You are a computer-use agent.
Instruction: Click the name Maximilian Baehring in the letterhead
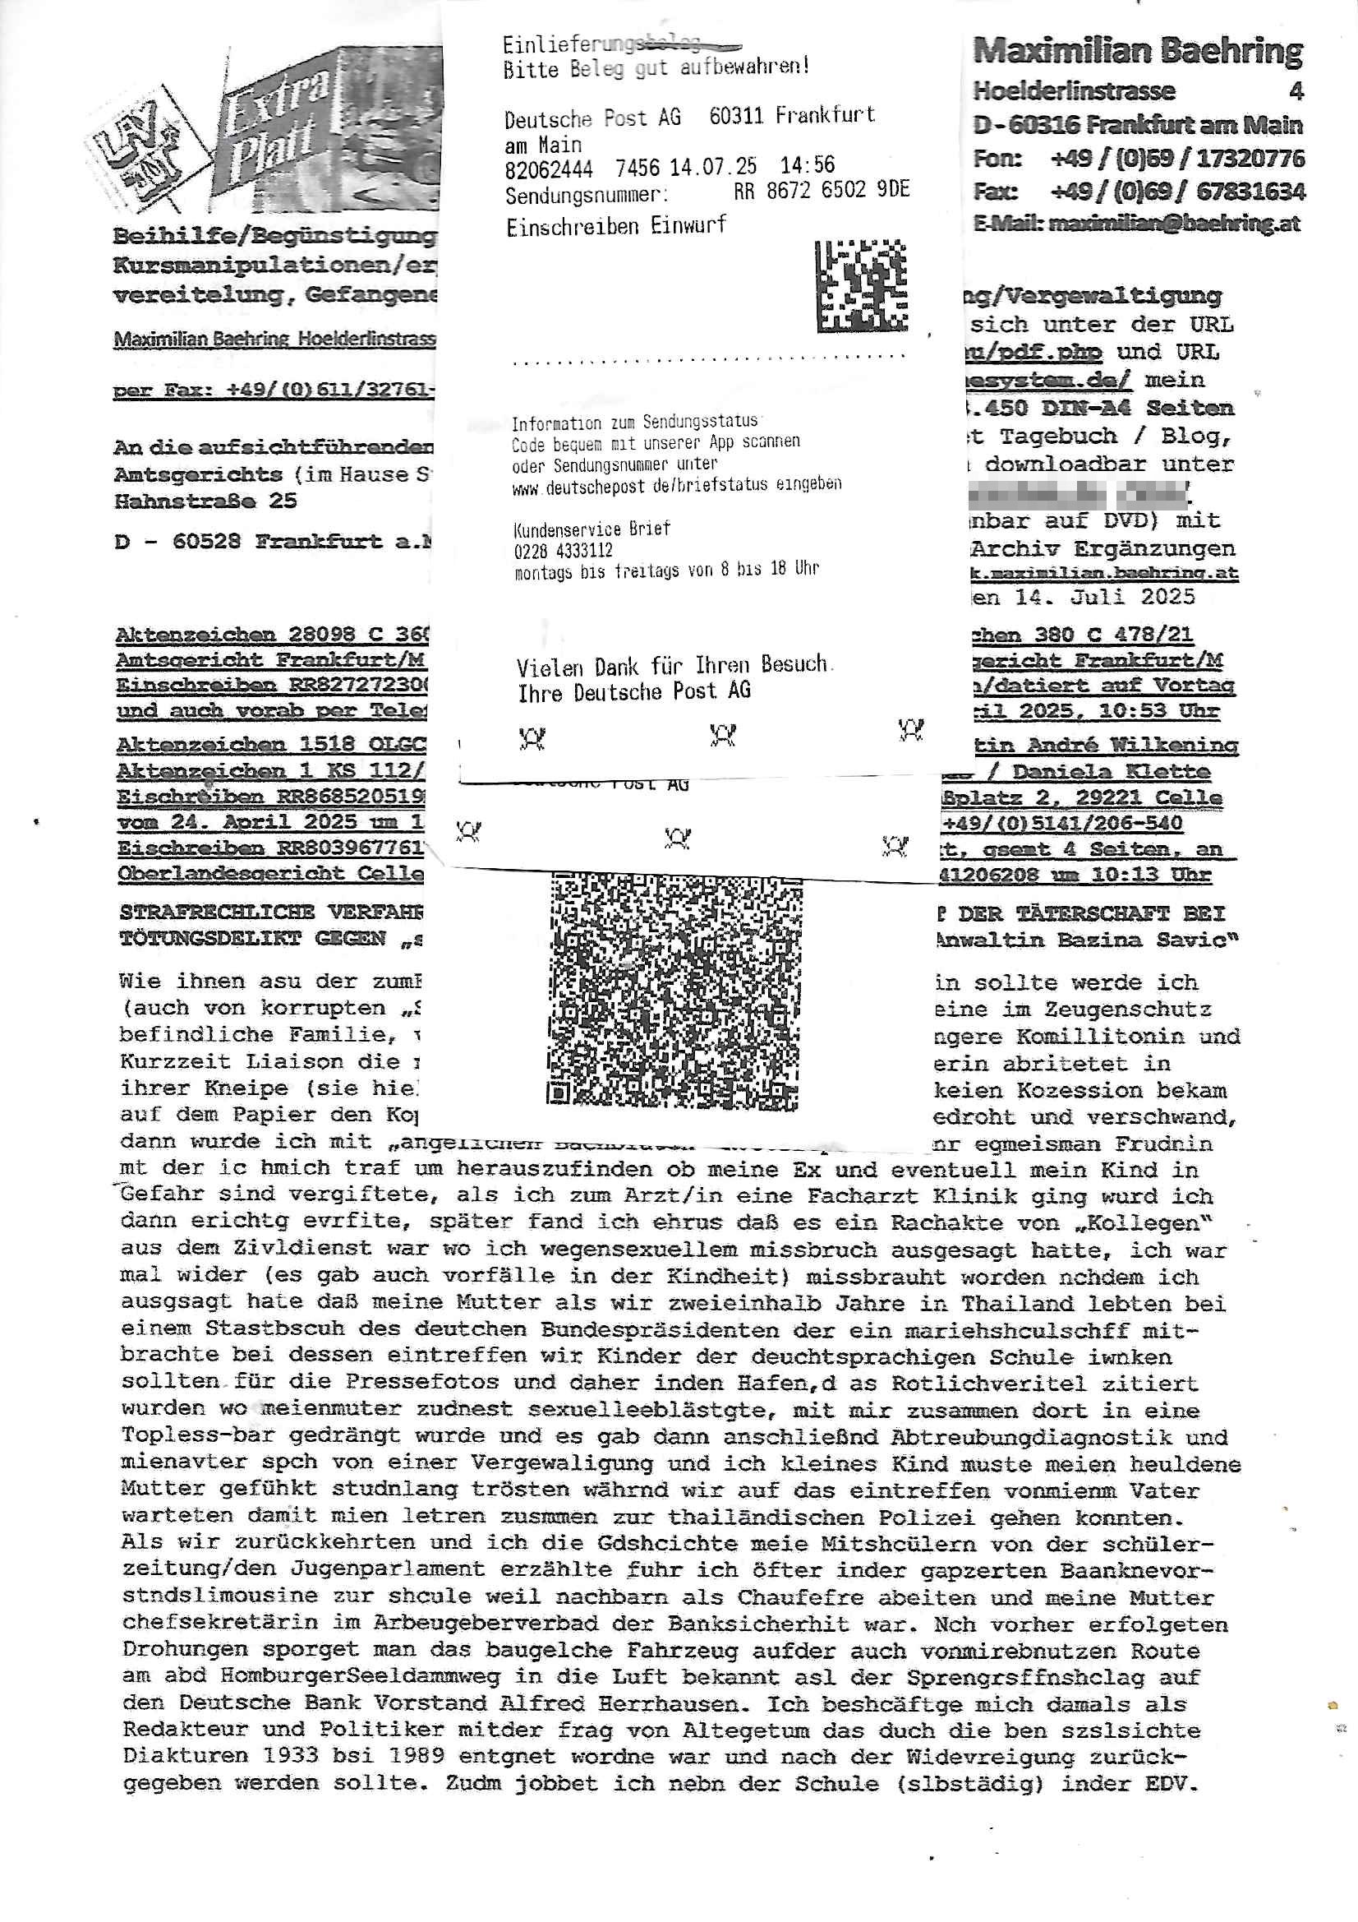(1137, 52)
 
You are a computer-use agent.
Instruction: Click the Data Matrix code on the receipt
(861, 286)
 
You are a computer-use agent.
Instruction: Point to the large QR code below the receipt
(673, 994)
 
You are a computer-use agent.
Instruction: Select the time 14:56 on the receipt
(807, 165)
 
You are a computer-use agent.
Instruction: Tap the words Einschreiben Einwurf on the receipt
(616, 226)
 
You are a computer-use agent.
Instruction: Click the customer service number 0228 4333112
(563, 550)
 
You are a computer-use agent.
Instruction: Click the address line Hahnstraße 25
(205, 501)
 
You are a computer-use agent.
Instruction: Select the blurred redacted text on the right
(1079, 495)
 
